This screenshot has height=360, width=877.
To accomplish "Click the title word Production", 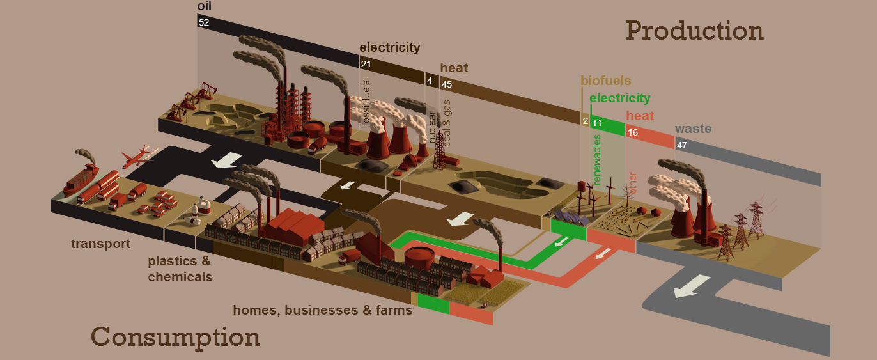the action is [695, 31].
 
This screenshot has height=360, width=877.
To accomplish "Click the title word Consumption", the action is [175, 337].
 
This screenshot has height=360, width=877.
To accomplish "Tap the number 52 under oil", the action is [203, 22].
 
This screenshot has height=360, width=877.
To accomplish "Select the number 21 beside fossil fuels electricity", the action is [366, 64].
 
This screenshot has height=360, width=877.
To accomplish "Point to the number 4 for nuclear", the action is [430, 81].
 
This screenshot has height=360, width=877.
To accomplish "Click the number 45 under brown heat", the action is [447, 84].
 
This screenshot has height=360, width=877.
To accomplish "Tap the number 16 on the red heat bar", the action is [633, 132].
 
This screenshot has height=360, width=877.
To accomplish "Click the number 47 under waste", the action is [681, 145].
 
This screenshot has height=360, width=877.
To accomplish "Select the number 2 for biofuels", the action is [586, 121].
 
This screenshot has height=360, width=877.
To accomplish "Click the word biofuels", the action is [606, 81].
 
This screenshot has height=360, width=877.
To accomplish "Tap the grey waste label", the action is [693, 129].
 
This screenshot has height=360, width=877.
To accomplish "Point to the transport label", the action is [100, 244].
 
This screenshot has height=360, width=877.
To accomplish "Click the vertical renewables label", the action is [596, 159].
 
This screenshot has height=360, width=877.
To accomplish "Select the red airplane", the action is [137, 156].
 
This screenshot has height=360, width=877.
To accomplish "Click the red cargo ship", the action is [81, 180].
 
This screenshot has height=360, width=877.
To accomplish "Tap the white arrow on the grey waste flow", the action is [692, 286].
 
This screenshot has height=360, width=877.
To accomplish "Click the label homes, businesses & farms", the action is [323, 310].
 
